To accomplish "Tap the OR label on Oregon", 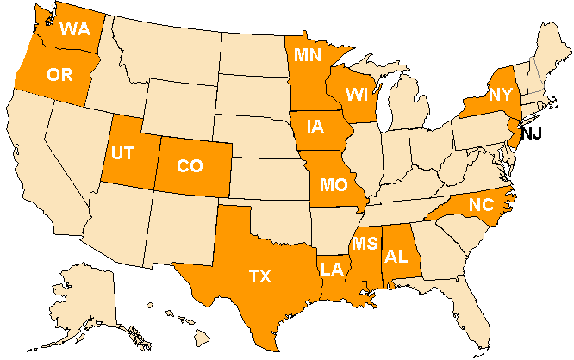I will coord(59,75).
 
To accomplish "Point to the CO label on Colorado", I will coord(190,166).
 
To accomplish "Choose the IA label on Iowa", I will coord(315,127).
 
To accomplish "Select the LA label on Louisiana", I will coord(334,270).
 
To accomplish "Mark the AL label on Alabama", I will coord(396,256).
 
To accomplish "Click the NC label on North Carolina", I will coord(481,205).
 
